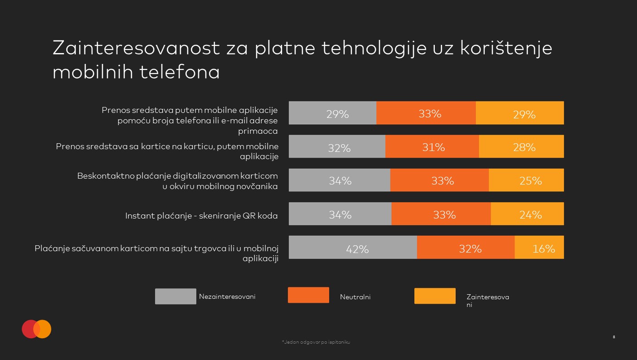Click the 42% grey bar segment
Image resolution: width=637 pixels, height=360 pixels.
tap(353, 248)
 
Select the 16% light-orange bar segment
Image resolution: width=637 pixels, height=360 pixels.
tap(539, 248)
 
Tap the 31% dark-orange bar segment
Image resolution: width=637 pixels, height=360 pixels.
tap(432, 146)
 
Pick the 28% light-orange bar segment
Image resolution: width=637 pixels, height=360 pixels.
tap(521, 146)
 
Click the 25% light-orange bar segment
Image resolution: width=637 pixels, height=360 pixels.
tap(526, 180)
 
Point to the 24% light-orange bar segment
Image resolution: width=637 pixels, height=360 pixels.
tap(527, 214)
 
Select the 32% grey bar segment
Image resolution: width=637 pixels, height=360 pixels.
tap(337, 146)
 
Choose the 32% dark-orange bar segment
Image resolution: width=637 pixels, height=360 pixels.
tap(466, 248)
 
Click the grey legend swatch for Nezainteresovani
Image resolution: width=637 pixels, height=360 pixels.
tap(175, 297)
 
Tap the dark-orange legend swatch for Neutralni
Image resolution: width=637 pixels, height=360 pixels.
tap(308, 295)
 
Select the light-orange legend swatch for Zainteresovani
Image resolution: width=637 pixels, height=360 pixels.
tap(435, 296)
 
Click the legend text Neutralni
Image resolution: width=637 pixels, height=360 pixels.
tap(355, 297)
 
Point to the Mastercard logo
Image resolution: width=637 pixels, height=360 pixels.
tap(37, 329)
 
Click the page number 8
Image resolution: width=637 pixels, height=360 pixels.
tap(614, 337)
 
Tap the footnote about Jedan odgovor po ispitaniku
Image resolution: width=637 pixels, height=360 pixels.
tap(316, 342)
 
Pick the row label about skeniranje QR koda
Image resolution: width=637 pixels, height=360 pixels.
tap(201, 216)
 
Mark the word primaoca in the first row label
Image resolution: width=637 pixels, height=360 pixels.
tap(258, 131)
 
